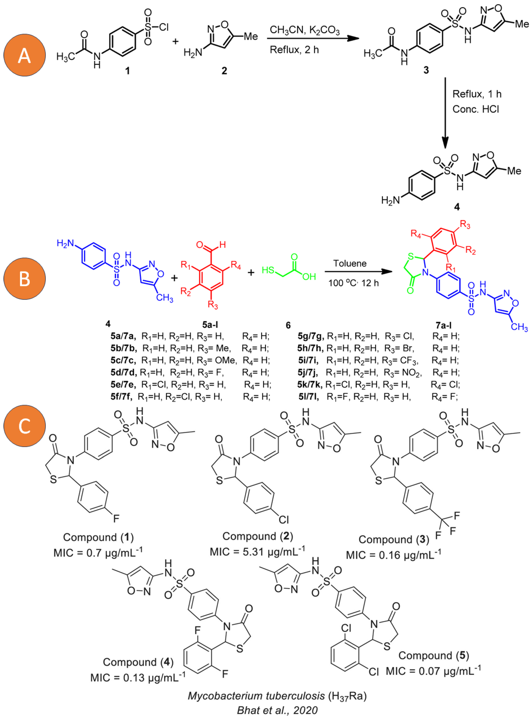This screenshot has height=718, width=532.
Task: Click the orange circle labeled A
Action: (x=25, y=55)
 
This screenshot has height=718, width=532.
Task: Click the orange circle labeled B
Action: (x=25, y=279)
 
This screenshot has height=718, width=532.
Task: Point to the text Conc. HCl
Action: (x=476, y=109)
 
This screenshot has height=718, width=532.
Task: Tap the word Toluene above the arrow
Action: (x=350, y=264)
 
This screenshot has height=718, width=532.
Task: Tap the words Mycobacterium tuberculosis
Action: (x=256, y=696)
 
